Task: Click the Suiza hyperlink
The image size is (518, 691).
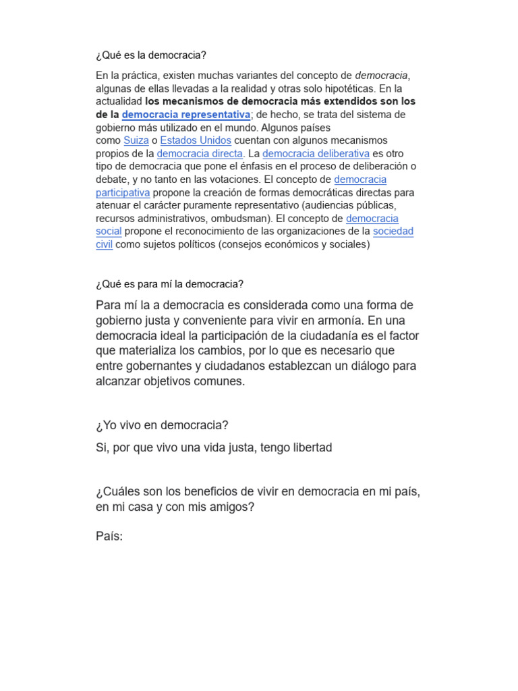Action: [136, 140]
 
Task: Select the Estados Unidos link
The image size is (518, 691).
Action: [196, 140]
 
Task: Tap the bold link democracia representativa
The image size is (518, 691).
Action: [185, 115]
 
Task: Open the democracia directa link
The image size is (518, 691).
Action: [200, 154]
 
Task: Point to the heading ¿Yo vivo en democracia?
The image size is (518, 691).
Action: [163, 425]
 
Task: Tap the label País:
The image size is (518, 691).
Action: [110, 537]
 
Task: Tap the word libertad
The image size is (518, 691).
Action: [310, 447]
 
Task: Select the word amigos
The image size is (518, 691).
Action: [230, 507]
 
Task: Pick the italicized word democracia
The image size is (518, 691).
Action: [382, 76]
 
